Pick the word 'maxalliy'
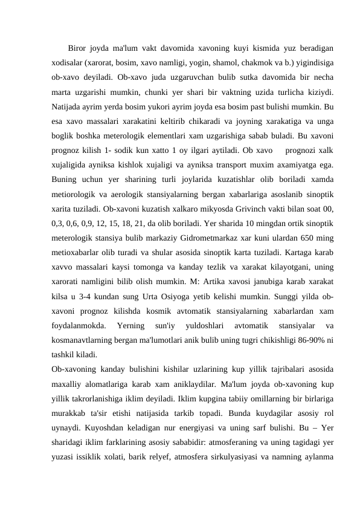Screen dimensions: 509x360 (68, 384)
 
